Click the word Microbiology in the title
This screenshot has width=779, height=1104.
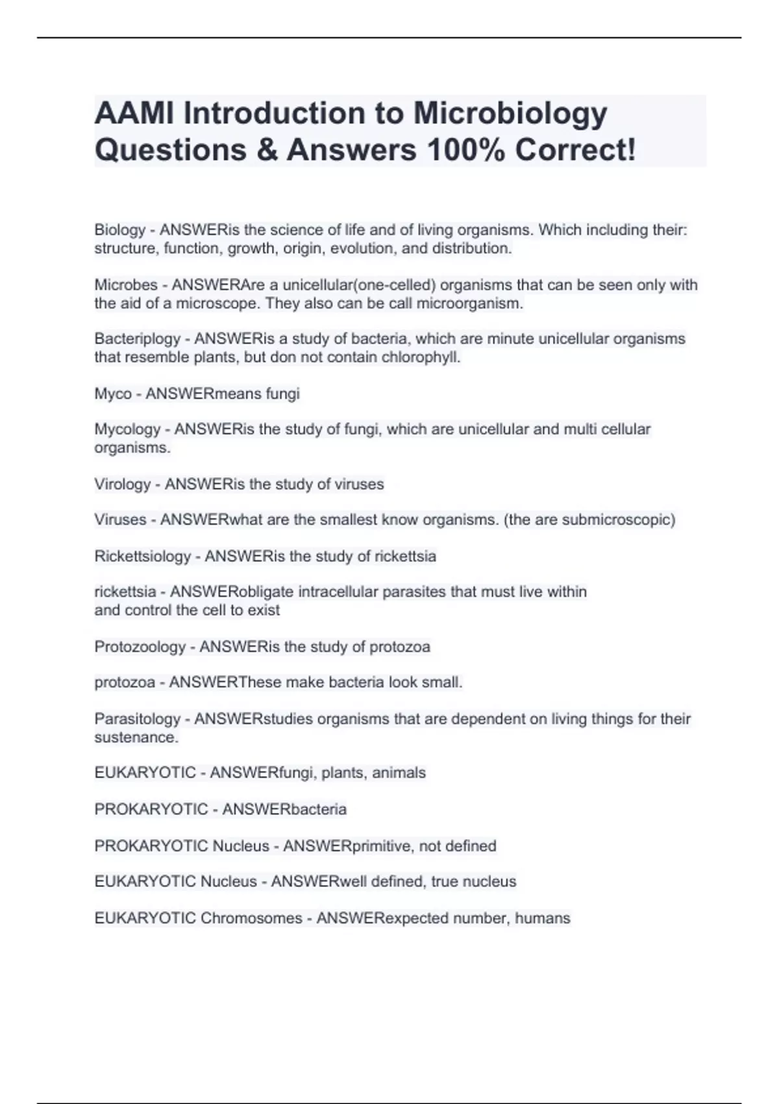[x=510, y=113]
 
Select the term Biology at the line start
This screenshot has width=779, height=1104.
[x=120, y=230]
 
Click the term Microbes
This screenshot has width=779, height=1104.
[x=126, y=285]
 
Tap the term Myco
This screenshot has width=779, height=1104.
[x=113, y=394]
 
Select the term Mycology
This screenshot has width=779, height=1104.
[x=127, y=429]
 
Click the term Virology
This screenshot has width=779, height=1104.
[x=123, y=484]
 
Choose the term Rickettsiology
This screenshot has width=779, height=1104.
[x=143, y=557]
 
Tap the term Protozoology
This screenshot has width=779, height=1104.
[x=140, y=647]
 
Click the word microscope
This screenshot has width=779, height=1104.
[x=217, y=303]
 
